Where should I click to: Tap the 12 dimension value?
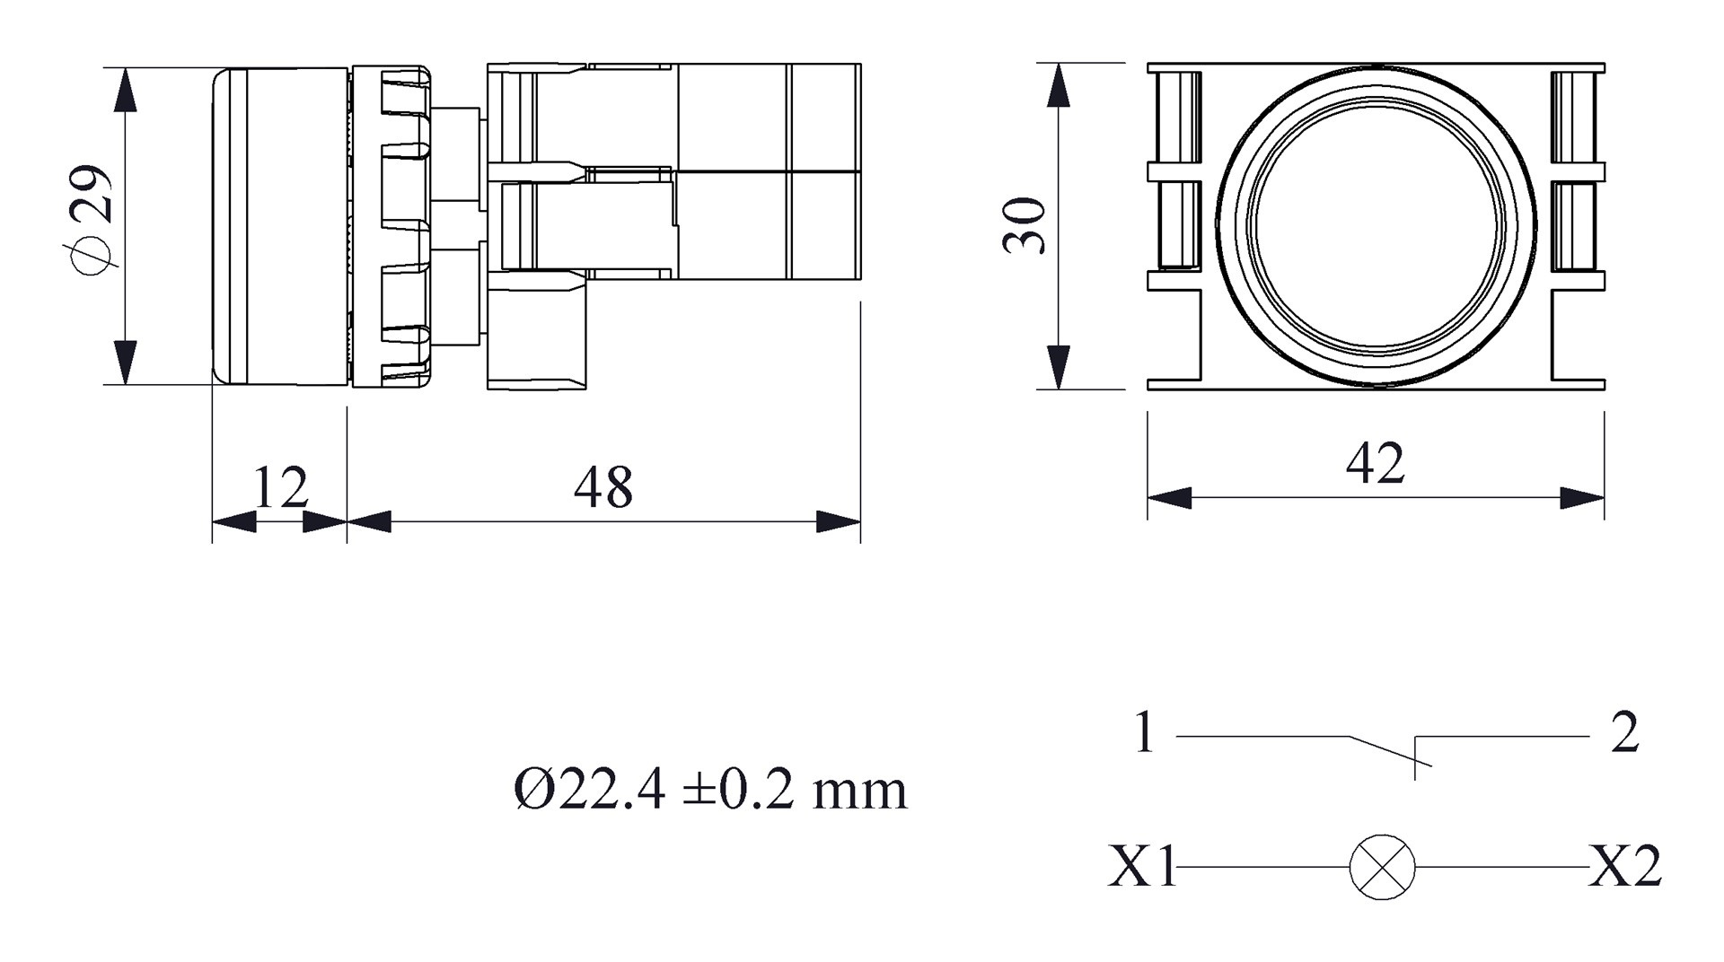coord(281,488)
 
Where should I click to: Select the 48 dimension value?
coord(603,488)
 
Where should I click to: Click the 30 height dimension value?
coord(1025,226)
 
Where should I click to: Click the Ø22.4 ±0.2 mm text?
coord(710,791)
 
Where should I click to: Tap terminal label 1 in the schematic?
coord(1143,732)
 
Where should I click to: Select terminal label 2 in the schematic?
coord(1624,732)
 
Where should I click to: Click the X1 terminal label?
coord(1141,867)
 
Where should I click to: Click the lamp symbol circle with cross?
coord(1382,867)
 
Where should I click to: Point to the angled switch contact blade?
coord(1390,751)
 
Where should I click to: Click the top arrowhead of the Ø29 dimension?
coord(125,90)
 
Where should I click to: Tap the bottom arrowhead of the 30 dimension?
coord(1060,367)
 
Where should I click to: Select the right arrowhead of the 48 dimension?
coord(838,521)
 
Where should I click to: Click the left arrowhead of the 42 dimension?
coord(1170,498)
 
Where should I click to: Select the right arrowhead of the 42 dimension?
coord(1582,498)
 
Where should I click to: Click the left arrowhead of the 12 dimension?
coord(233,521)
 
